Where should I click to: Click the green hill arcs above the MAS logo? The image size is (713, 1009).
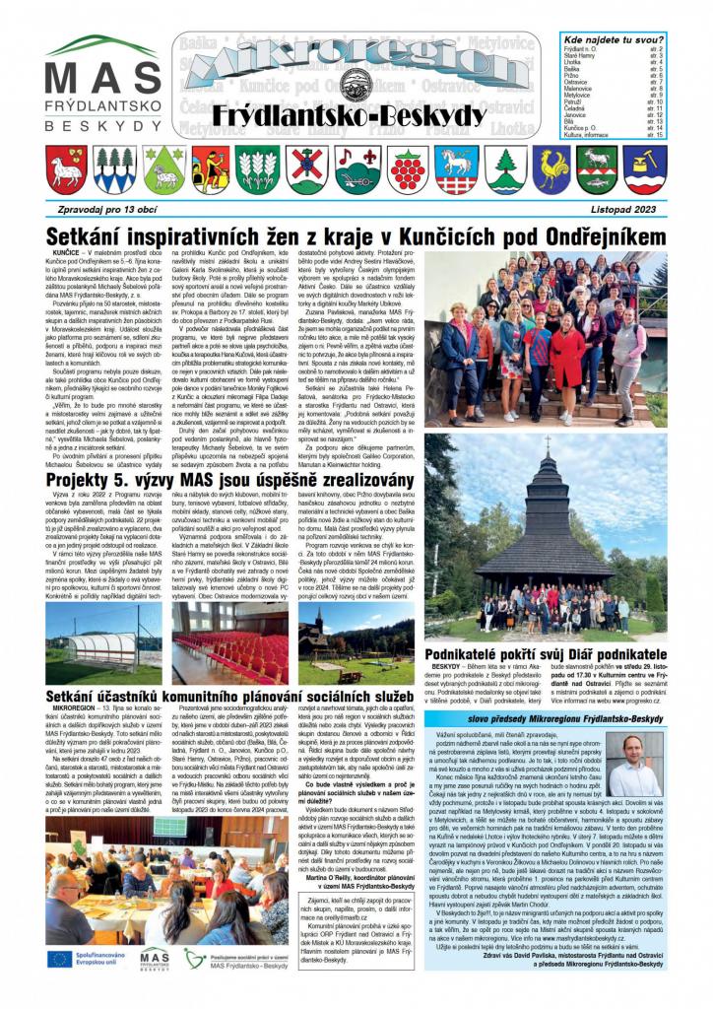101,46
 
